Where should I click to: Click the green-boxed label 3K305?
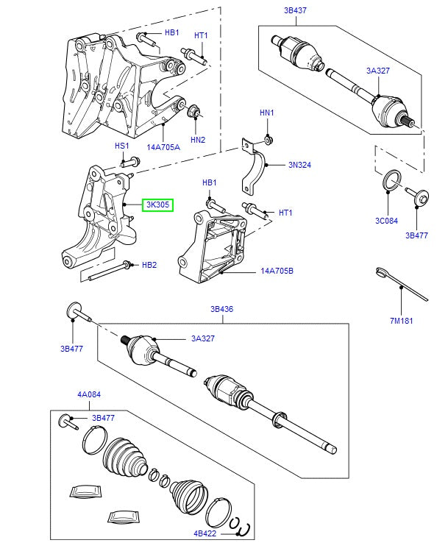pyautogui.click(x=157, y=205)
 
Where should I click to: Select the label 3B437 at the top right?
pyautogui.click(x=295, y=11)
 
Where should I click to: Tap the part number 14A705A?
pyautogui.click(x=163, y=147)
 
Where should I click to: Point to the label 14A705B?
pyautogui.click(x=277, y=271)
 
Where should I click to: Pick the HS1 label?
pyautogui.click(x=121, y=146)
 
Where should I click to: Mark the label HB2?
pyautogui.click(x=149, y=265)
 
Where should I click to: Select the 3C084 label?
pyautogui.click(x=388, y=220)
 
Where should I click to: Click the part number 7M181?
pyautogui.click(x=401, y=321)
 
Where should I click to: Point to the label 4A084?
pyautogui.click(x=89, y=395)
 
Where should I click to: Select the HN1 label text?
pyautogui.click(x=266, y=113)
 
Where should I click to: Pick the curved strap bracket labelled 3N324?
pyautogui.click(x=254, y=171)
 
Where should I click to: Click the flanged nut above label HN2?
pyautogui.click(x=196, y=112)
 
